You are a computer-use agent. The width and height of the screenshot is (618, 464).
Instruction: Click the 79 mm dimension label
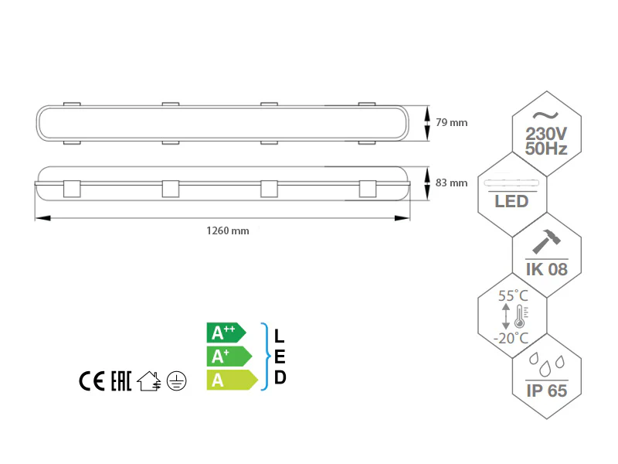[452, 122]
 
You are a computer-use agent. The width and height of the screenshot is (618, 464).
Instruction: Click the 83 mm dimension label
[452, 183]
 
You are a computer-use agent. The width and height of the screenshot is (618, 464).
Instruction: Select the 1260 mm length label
[227, 230]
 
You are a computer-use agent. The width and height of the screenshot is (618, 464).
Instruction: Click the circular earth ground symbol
[177, 380]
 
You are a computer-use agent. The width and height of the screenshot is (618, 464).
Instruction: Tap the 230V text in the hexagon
[547, 133]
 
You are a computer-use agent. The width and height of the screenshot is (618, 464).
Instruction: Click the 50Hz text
[547, 148]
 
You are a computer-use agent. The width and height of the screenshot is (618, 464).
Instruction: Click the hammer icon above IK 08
[547, 241]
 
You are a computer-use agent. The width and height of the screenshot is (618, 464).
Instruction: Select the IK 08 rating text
[547, 269]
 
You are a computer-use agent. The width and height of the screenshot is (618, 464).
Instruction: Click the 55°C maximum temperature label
[513, 296]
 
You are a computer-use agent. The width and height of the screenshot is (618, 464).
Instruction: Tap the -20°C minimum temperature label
[513, 338]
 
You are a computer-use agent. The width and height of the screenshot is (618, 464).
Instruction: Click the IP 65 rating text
[547, 391]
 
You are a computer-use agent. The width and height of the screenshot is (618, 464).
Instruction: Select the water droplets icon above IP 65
[547, 364]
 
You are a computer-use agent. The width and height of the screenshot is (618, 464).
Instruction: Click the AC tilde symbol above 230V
[547, 114]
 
